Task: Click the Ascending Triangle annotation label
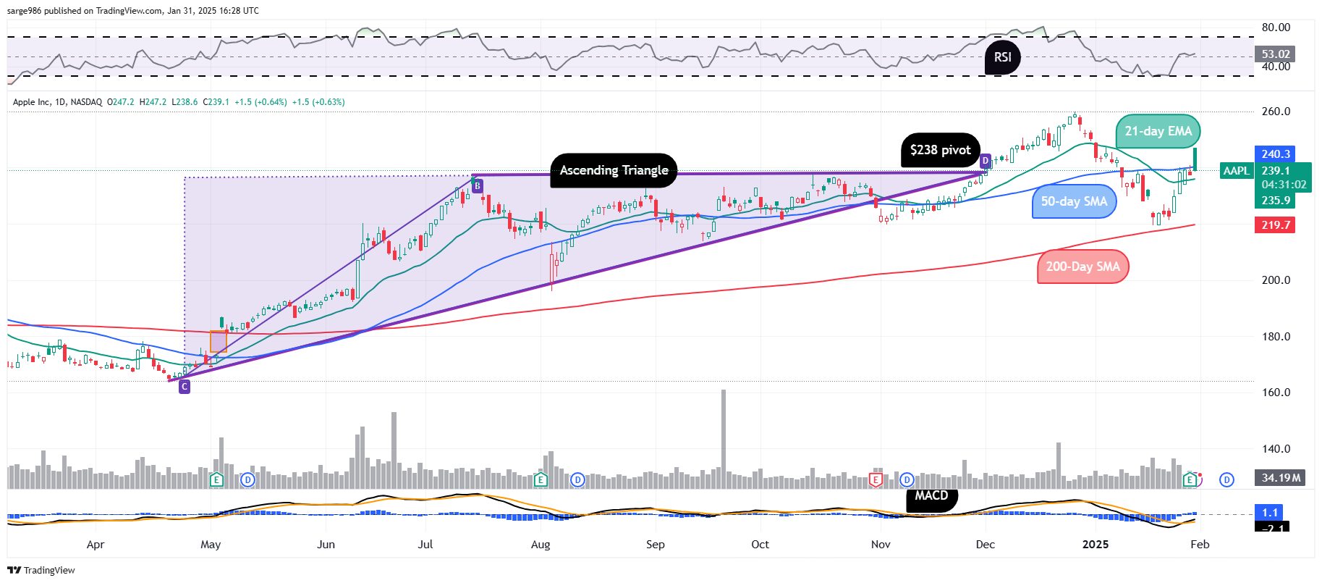(614, 171)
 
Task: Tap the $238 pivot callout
(940, 150)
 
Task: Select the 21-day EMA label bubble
(1158, 131)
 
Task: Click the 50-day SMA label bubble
(1074, 201)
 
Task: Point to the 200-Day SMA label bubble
(1082, 267)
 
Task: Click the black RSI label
(1002, 57)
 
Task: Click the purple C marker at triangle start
(185, 387)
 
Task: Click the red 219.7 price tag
(1276, 225)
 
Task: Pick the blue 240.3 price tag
(1276, 154)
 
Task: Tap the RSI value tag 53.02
(1276, 54)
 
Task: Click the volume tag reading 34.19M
(1280, 478)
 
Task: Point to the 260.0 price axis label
(1276, 112)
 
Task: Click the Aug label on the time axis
(541, 545)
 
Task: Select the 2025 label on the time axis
(1095, 545)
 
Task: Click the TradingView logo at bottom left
(42, 570)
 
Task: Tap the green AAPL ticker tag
(1236, 171)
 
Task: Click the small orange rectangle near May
(218, 342)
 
